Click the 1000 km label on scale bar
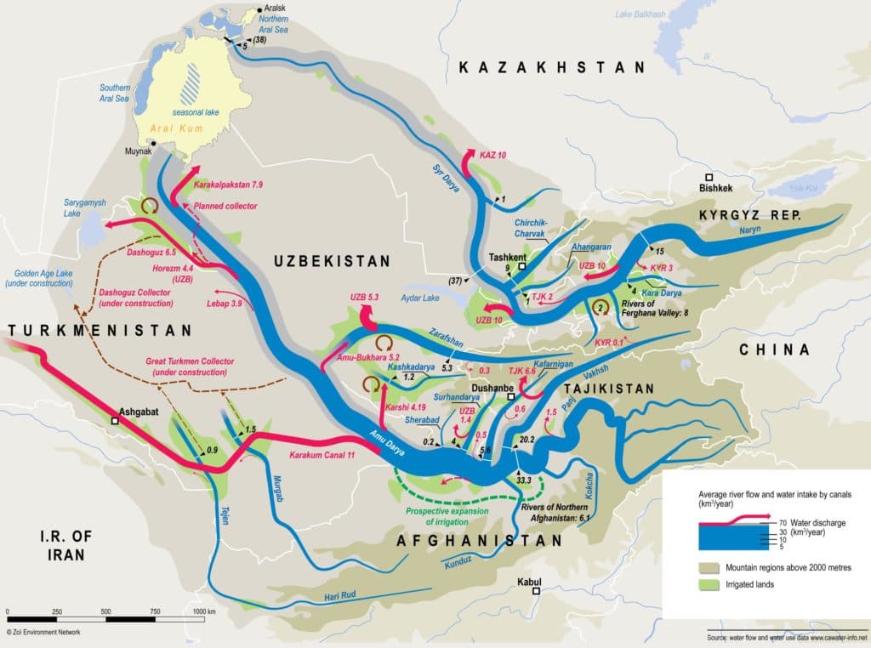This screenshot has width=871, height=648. pyautogui.click(x=204, y=611)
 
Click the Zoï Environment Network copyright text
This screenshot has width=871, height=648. pyautogui.click(x=42, y=633)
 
